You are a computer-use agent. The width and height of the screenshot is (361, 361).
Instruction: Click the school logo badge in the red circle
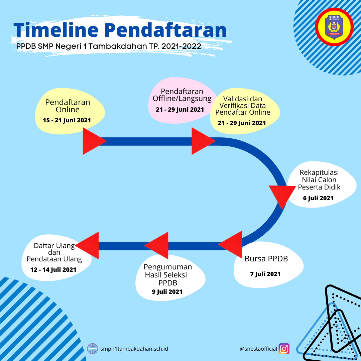click(334, 27)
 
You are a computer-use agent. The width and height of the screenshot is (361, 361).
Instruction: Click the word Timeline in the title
click(56, 30)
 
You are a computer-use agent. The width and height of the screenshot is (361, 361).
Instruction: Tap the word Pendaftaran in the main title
click(166, 30)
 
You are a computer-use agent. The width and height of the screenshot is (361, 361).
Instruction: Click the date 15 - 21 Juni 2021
click(67, 120)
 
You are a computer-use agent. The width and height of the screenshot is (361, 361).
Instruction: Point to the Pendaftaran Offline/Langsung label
click(182, 95)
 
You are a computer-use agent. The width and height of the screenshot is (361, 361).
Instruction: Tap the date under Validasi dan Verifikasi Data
click(242, 123)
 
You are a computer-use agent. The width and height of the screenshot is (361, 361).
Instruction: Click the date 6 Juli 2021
click(318, 198)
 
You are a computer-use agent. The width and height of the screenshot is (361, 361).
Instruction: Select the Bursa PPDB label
click(266, 259)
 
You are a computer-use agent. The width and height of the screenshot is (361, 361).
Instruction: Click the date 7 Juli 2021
click(265, 274)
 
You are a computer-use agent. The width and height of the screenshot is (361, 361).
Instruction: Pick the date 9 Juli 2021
click(167, 292)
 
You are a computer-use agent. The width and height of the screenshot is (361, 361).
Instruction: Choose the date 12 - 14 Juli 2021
click(53, 270)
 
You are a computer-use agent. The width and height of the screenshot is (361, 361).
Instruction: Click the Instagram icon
click(284, 349)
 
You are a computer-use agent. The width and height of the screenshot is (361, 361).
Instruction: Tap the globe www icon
click(93, 349)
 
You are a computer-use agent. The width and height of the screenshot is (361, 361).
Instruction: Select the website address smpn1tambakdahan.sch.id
click(134, 349)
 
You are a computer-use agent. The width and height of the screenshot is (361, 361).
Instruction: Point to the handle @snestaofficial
click(258, 349)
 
